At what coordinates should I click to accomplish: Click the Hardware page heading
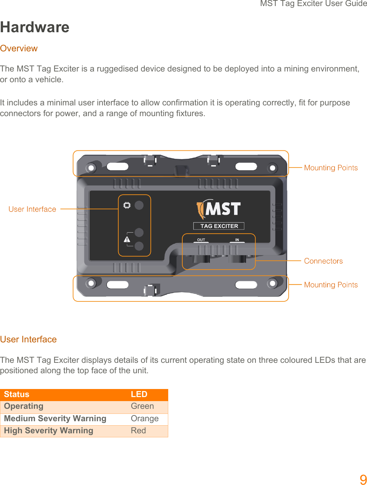pyautogui.click(x=35, y=27)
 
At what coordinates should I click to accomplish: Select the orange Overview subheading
pyautogui.click(x=19, y=48)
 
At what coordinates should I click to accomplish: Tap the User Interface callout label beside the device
pyautogui.click(x=32, y=209)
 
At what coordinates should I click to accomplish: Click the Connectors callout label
pyautogui.click(x=323, y=261)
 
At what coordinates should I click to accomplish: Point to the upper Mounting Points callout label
pyautogui.click(x=331, y=168)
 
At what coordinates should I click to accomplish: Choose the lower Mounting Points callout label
pyautogui.click(x=331, y=285)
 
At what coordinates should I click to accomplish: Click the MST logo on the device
pyautogui.click(x=219, y=209)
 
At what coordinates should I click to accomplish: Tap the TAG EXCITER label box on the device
pyautogui.click(x=219, y=226)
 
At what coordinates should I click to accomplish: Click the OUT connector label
pyautogui.click(x=201, y=240)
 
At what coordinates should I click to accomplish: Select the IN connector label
pyautogui.click(x=237, y=240)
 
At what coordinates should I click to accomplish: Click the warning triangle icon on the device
pyautogui.click(x=127, y=239)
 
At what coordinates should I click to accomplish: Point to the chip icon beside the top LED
pyautogui.click(x=127, y=205)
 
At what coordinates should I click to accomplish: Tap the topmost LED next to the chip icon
pyautogui.click(x=139, y=205)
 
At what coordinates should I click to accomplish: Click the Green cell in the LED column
pyautogui.click(x=142, y=406)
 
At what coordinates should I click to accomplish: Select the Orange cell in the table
pyautogui.click(x=145, y=419)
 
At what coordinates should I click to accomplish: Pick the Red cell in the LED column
pyautogui.click(x=138, y=431)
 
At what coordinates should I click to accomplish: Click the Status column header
pyautogui.click(x=17, y=394)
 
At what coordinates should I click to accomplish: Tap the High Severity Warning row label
pyautogui.click(x=49, y=431)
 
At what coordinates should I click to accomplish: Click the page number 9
pyautogui.click(x=363, y=480)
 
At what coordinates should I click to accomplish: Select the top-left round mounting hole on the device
pyautogui.click(x=91, y=167)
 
